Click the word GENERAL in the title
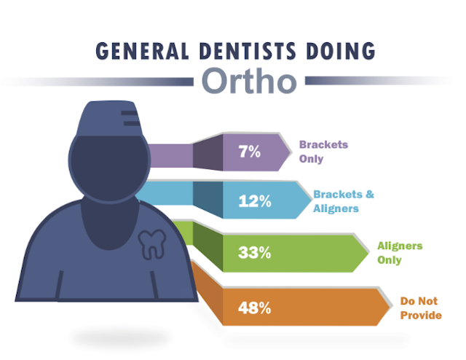143,51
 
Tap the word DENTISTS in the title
248,51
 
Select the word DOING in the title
341,51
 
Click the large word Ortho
249,81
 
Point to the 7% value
249,152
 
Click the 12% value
255,201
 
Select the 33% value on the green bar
254,253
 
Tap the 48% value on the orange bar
254,308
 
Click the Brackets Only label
323,152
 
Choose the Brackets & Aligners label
344,201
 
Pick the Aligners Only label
400,253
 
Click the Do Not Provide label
421,308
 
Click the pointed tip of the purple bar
290,152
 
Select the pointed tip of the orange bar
390,307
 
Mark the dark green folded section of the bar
208,246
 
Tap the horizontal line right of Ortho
377,81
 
